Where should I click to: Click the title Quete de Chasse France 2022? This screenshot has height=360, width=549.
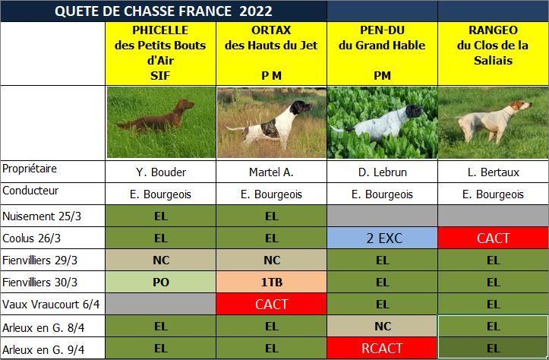point(163,11)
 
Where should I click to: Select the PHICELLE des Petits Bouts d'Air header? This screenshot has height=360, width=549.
point(160,53)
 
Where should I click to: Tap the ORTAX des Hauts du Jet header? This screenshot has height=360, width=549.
point(271,53)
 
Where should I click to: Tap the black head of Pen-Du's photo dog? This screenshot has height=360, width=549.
point(414,111)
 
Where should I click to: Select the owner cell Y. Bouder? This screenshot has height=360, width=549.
point(160,172)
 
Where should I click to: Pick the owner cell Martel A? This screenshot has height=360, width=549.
point(271,172)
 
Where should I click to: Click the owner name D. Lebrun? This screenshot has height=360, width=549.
point(383,172)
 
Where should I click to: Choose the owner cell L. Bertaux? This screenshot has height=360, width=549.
point(493,172)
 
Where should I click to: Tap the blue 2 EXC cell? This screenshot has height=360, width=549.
point(383,238)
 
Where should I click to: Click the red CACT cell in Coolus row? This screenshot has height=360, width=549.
point(493,238)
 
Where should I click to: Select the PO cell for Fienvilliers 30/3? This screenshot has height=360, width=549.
point(160,283)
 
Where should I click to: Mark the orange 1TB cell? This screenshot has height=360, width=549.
point(271,283)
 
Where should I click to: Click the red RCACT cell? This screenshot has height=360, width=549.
point(383,349)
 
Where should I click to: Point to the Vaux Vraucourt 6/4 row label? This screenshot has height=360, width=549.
point(51,305)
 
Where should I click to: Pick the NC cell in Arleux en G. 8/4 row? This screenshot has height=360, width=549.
point(383,327)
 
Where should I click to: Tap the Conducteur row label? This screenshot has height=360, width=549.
point(30,191)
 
